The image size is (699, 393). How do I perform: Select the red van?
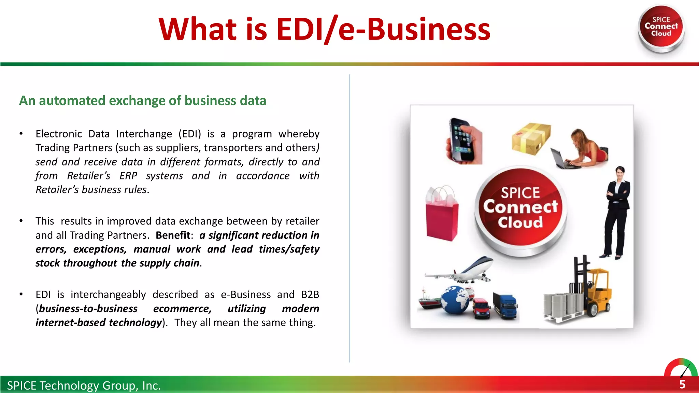[x=481, y=308]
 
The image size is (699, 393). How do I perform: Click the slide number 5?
[x=682, y=384]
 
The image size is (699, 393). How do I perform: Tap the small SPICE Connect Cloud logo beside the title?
[x=661, y=27]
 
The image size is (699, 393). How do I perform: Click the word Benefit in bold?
[x=173, y=235]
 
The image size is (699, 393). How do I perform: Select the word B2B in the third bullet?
[x=310, y=294]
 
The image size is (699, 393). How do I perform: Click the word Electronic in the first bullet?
[x=59, y=134]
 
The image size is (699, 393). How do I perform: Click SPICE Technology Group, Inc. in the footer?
[x=84, y=385]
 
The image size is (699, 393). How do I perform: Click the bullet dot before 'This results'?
[x=21, y=221]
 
